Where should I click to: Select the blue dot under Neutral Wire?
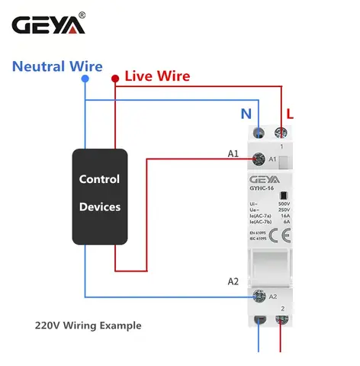(x=85, y=79)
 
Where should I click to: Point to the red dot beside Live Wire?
(x=114, y=78)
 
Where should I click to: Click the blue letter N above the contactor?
(x=246, y=114)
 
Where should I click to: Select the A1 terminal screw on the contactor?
(x=258, y=159)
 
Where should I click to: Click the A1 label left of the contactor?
(x=233, y=153)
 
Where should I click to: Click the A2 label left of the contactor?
(x=233, y=282)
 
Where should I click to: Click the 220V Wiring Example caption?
(x=88, y=325)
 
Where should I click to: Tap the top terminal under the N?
(x=260, y=133)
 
